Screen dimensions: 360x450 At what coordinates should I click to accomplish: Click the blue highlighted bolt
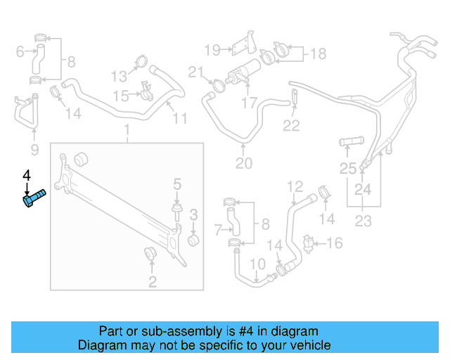[32, 198]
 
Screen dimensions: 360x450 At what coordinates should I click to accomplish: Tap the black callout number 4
[27, 174]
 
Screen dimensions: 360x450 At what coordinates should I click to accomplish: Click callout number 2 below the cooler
[152, 283]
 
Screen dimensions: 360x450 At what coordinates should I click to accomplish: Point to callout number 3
[194, 214]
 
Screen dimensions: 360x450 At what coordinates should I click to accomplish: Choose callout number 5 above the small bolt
[20, 51]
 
